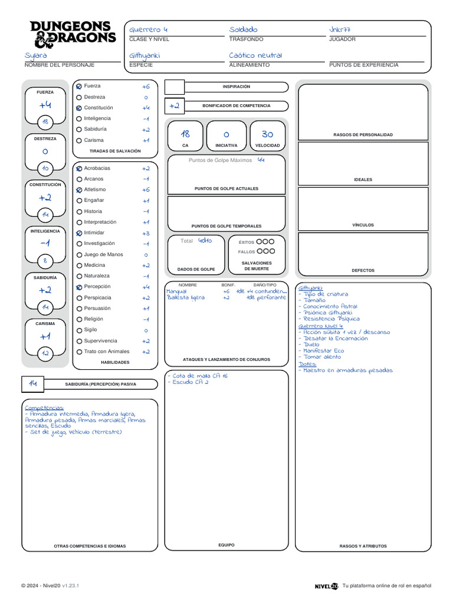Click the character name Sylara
pos(36,55)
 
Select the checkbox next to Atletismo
pos(79,190)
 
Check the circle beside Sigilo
pos(79,330)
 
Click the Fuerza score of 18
pos(45,122)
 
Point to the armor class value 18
pos(185,134)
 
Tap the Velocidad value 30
pos(267,134)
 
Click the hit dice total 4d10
pos(205,240)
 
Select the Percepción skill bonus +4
pos(146,287)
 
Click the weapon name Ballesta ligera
pos(186,298)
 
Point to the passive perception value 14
pos(33,383)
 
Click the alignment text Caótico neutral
pos(255,55)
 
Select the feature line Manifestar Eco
pos(324,351)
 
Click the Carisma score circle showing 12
pos(45,353)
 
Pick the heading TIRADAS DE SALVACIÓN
pos(115,151)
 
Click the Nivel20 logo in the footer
pos(326,586)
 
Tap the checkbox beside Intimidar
pos(79,233)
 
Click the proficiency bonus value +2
pos(174,106)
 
